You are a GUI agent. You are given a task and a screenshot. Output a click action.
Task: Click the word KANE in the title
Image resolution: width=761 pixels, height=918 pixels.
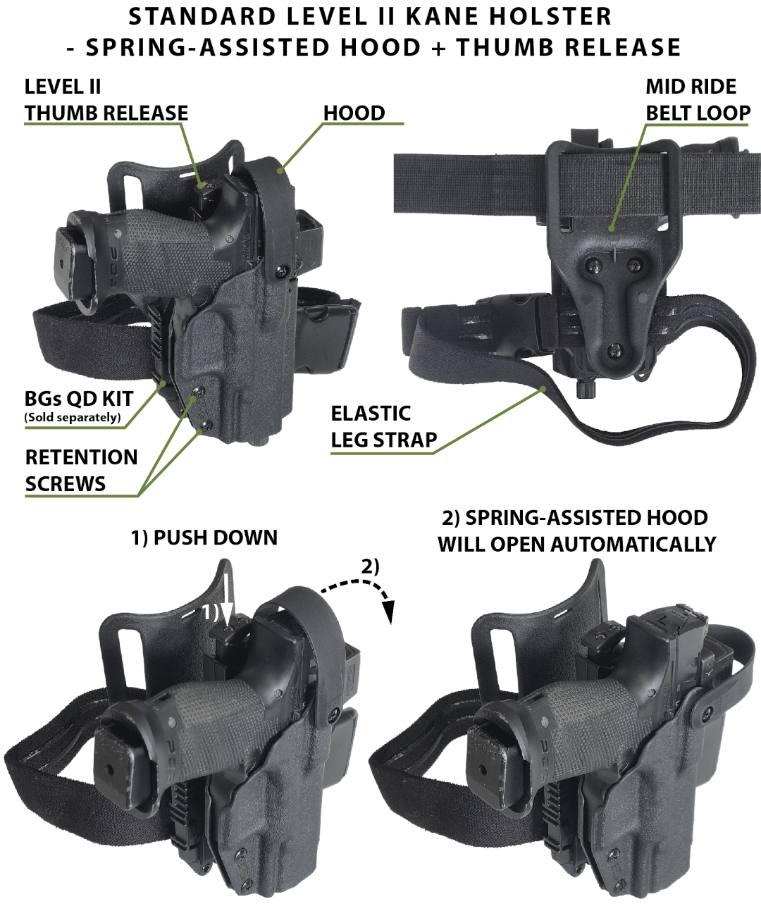(x=442, y=17)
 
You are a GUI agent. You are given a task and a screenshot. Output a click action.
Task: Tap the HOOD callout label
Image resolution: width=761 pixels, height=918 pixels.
(x=354, y=113)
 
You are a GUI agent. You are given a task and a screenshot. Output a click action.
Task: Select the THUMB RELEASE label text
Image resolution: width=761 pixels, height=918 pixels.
(x=106, y=113)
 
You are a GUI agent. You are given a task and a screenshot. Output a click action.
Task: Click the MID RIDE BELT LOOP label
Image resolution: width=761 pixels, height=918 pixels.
(x=698, y=100)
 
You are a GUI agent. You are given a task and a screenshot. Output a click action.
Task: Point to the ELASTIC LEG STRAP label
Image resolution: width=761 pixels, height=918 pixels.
(x=384, y=426)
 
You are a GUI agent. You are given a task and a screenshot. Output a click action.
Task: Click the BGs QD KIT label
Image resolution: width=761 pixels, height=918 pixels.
(x=79, y=399)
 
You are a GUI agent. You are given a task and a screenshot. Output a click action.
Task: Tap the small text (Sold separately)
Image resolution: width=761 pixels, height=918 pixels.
(x=73, y=417)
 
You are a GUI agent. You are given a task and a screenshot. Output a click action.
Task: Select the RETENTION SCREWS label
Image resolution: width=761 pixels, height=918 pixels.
(x=81, y=471)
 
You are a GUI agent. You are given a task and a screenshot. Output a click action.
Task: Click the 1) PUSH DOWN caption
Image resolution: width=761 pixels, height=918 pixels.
(x=204, y=538)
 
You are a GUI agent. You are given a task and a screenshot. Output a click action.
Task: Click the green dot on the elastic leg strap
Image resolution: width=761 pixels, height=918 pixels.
(x=543, y=389)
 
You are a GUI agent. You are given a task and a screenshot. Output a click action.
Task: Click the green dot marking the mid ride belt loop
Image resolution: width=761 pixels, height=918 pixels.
(x=611, y=228)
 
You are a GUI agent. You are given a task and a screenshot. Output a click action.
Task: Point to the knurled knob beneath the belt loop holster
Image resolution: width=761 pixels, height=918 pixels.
(x=586, y=390)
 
